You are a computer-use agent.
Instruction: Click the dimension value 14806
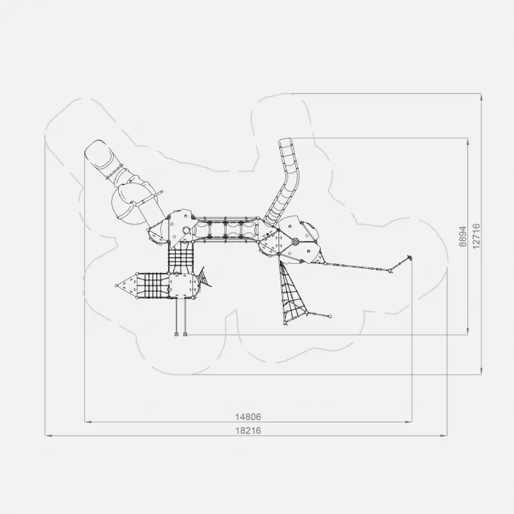(x=248, y=417)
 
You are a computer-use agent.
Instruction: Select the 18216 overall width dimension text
(x=248, y=431)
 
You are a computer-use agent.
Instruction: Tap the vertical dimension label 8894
(x=463, y=236)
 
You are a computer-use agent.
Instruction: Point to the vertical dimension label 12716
(x=476, y=236)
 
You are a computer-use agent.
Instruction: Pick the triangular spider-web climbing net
(x=292, y=293)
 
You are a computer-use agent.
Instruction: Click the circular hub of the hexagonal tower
(x=295, y=242)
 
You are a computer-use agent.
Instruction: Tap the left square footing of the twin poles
(x=176, y=334)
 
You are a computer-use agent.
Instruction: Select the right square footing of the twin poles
(x=185, y=334)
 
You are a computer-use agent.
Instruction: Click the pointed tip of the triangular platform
(x=117, y=285)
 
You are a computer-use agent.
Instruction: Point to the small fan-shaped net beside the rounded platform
(x=204, y=277)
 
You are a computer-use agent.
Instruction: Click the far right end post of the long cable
(x=409, y=257)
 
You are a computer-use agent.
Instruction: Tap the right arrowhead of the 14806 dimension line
(x=409, y=422)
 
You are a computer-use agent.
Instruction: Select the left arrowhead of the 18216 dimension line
(x=48, y=436)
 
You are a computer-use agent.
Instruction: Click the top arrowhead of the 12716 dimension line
(x=481, y=97)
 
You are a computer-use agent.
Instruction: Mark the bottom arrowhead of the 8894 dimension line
(x=467, y=331)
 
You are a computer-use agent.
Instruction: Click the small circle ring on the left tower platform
(x=186, y=231)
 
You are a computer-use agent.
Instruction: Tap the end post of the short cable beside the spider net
(x=330, y=316)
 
